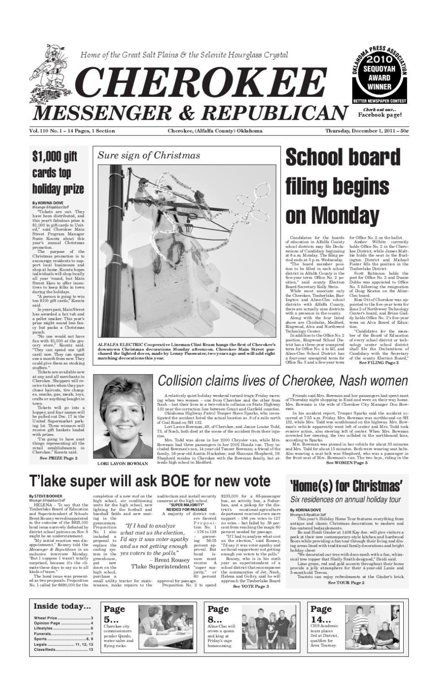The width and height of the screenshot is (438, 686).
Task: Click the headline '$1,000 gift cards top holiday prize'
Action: pyautogui.click(x=58, y=173)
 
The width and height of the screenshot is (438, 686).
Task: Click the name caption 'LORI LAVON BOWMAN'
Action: pyautogui.click(x=123, y=464)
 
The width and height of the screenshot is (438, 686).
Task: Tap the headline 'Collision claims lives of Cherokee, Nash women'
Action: pyautogui.click(x=282, y=381)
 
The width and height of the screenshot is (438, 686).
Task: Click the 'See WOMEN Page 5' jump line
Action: pyautogui.click(x=346, y=463)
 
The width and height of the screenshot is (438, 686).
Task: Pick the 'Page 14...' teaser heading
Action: pyautogui.click(x=321, y=615)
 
